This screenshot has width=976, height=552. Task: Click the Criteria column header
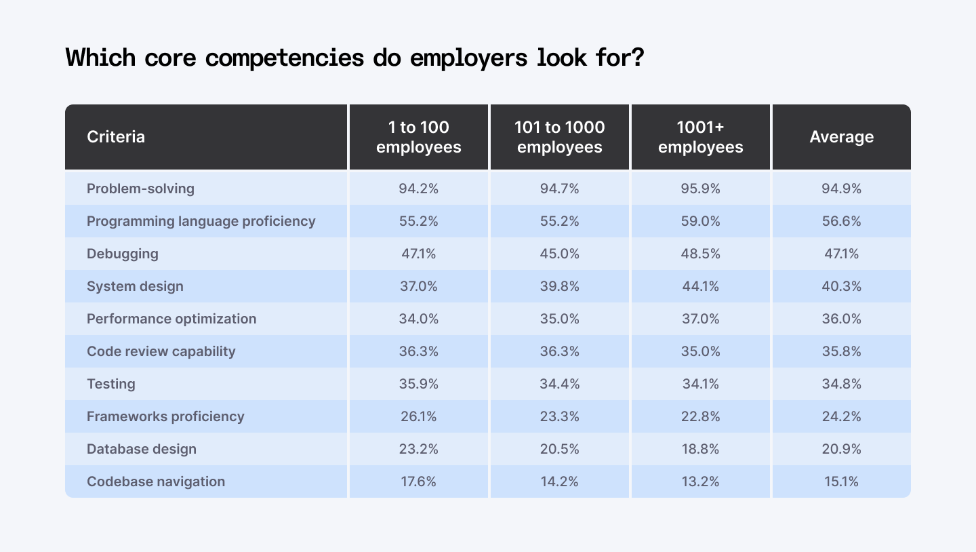116,137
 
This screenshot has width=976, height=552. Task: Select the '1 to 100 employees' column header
418,137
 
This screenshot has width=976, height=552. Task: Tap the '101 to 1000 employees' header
559,137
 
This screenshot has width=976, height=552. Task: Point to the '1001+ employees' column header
700,137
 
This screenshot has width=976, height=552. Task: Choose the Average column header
841,137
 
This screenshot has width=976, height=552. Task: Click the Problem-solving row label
140,189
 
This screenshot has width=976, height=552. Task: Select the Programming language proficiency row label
201,221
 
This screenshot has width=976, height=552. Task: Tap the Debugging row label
122,254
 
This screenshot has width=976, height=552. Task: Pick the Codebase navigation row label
155,481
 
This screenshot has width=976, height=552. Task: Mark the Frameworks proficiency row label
165,416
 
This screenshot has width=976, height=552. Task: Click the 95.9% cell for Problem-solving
700,189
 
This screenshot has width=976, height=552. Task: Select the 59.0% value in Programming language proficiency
700,221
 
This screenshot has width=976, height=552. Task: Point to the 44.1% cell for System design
700,286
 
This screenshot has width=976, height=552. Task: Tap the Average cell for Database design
841,449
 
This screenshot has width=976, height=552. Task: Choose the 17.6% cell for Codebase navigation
418,481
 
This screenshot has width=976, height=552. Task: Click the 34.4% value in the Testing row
559,384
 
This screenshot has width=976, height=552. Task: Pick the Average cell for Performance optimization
841,319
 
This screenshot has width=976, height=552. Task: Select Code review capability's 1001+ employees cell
700,351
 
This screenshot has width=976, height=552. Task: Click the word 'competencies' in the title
285,58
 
